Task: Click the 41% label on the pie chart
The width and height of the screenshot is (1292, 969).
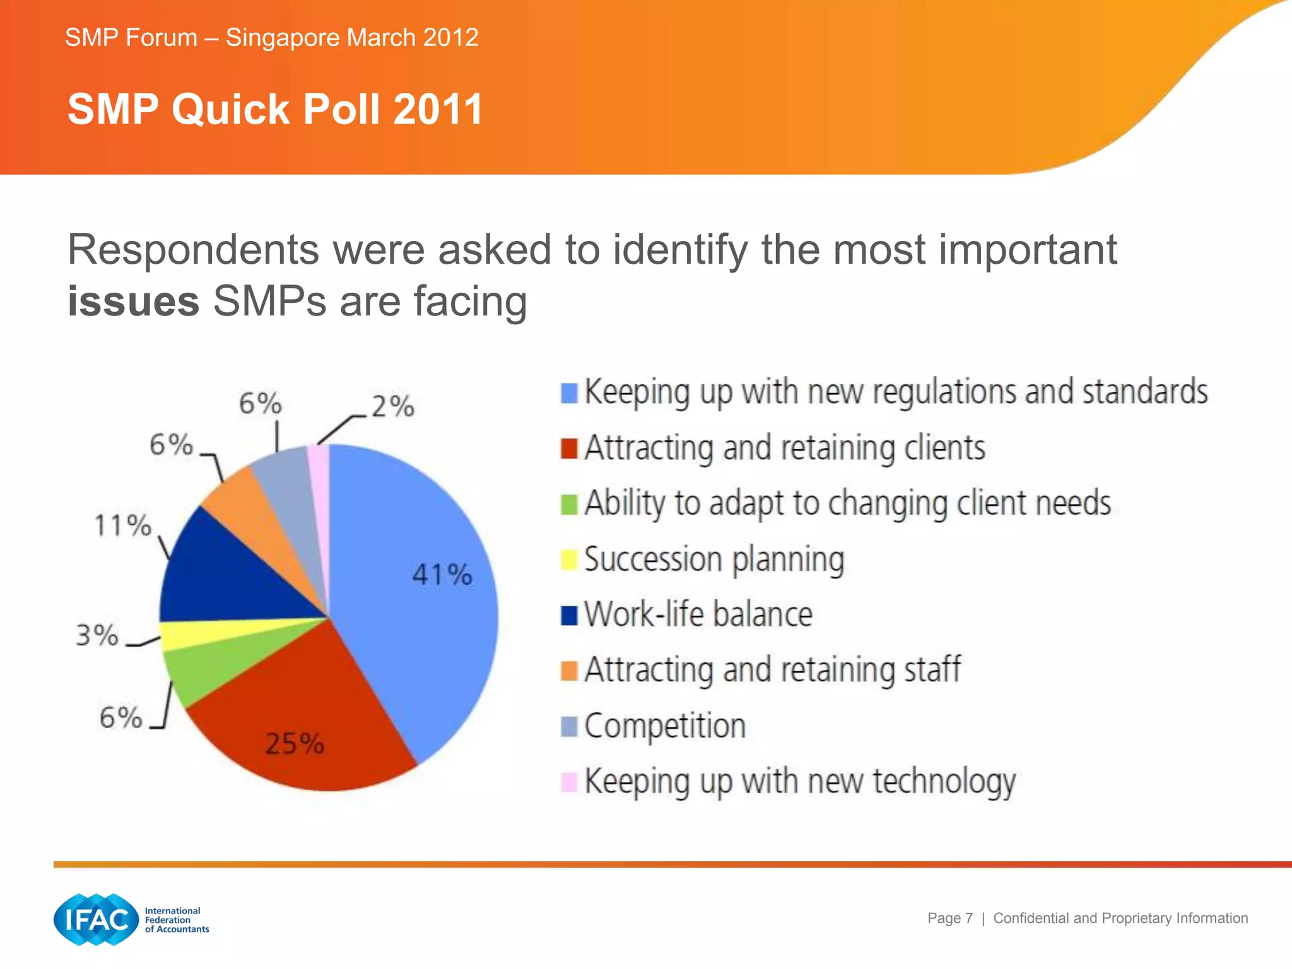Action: coord(442,575)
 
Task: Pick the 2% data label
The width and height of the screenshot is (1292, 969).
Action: coord(392,406)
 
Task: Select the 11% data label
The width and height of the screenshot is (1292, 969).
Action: coord(122,526)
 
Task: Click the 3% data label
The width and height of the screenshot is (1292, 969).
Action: coord(97,635)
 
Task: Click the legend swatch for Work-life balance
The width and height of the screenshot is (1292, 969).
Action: coord(569,615)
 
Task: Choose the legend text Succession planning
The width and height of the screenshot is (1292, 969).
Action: coord(714,560)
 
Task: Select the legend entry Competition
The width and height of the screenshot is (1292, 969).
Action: coord(664,726)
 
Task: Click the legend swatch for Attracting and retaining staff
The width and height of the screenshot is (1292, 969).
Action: coord(569,671)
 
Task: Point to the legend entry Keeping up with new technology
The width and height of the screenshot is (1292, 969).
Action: coord(799,782)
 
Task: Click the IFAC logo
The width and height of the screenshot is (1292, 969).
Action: coord(97,919)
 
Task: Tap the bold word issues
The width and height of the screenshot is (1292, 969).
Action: coord(133,302)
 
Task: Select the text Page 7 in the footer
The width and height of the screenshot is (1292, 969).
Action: coord(949,919)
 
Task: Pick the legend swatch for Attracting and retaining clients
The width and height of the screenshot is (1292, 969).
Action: coord(569,449)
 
